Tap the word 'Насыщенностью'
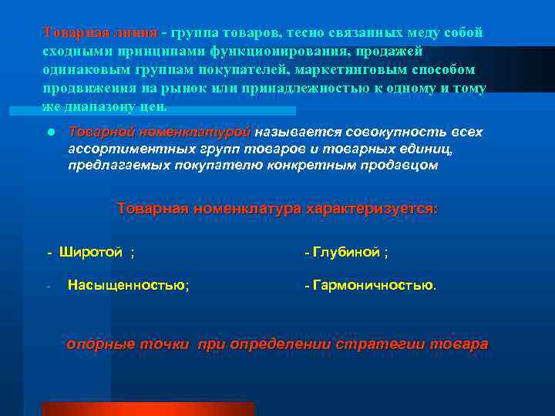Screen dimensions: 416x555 coord(126,286)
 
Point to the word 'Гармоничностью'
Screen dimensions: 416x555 coord(372,286)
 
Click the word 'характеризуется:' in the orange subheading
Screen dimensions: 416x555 coord(372,209)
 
